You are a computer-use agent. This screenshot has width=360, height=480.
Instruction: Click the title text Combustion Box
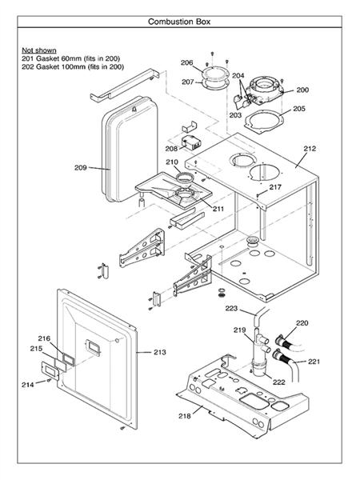[179, 22]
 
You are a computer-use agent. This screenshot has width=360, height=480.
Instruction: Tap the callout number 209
[80, 167]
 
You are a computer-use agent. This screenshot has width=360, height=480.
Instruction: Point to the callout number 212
[310, 149]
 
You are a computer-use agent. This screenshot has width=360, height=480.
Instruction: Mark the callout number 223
[231, 308]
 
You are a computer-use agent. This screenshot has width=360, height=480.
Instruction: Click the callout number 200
[302, 90]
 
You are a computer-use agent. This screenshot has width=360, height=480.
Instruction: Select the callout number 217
[275, 187]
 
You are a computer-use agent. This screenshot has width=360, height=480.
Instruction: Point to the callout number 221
[314, 362]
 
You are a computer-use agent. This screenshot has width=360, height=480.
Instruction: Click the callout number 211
[218, 209]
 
